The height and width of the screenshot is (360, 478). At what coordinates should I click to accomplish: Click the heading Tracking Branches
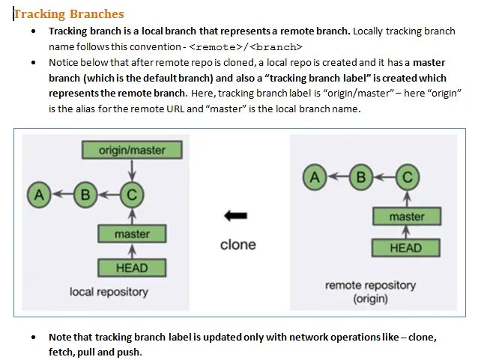69,14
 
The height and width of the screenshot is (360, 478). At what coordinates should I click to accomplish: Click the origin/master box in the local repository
132,150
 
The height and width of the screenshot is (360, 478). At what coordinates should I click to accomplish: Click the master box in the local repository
132,234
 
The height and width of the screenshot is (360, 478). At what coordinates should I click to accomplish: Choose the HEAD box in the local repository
132,267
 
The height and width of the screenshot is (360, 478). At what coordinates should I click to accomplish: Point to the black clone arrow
236,216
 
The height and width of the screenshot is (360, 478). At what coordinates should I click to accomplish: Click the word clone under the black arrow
238,245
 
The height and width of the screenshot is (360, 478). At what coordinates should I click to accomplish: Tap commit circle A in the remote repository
315,177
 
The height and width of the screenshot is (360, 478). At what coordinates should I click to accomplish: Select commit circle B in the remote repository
361,177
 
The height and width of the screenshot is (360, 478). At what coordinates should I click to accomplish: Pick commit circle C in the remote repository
407,177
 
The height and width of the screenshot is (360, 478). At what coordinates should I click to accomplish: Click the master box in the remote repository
407,217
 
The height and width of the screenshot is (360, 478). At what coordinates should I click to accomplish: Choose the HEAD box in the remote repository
407,248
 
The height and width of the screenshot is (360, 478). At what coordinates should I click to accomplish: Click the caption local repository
109,292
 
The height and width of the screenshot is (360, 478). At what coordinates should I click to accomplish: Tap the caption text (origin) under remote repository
370,299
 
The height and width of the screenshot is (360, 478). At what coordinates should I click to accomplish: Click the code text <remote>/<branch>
246,46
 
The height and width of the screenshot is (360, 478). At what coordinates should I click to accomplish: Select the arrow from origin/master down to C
132,171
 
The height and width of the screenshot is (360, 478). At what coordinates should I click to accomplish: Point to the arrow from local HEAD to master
132,251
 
